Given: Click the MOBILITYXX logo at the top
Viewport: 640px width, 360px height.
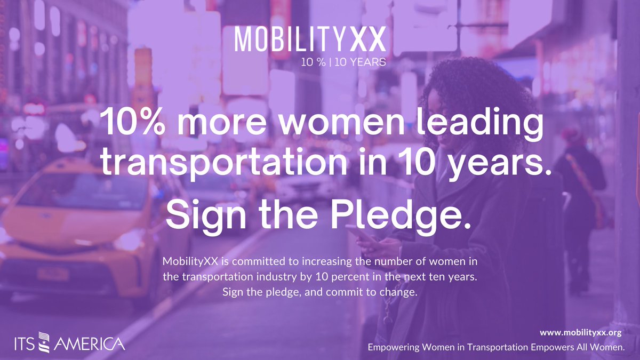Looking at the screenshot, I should click(310, 41).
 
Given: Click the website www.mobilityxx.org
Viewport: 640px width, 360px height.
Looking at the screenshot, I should click(581, 333).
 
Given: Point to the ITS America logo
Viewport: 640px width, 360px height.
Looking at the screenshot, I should click(70, 343).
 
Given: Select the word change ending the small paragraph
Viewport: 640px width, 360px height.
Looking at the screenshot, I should click(402, 292).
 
